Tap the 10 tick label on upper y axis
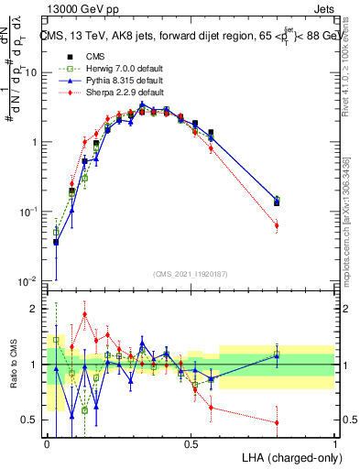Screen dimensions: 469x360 tap(30, 71)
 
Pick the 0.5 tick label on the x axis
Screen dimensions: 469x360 tap(191, 444)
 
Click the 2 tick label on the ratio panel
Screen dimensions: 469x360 tap(34, 309)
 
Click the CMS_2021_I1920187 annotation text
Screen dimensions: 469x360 tap(191, 272)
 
